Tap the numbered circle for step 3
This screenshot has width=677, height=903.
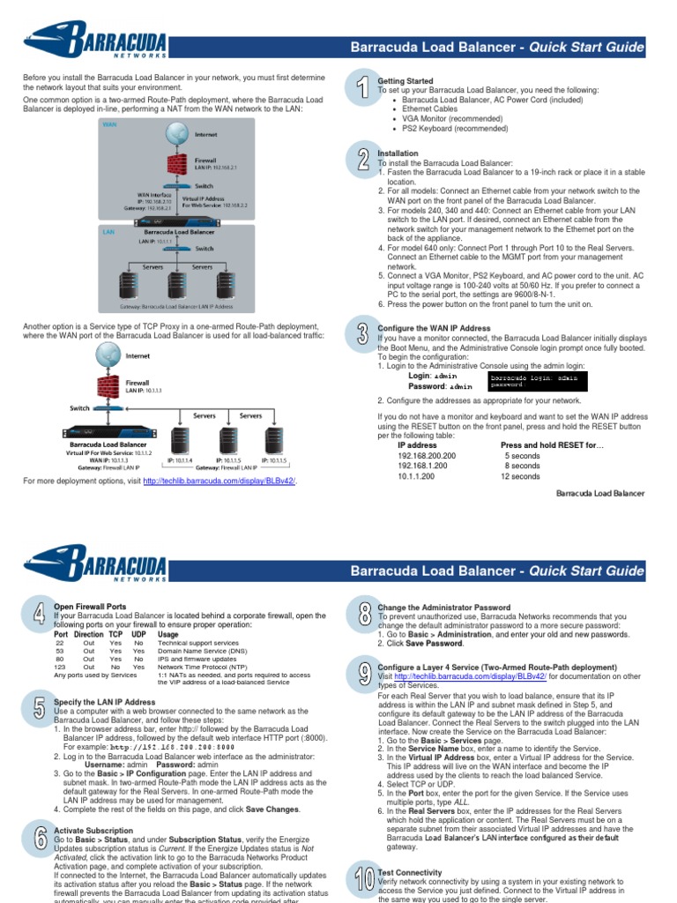coord(362,334)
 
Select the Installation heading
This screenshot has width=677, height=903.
coord(398,153)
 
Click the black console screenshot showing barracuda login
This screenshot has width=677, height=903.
coord(535,381)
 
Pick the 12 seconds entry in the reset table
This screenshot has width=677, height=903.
coord(520,476)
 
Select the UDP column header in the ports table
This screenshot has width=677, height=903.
coord(138,634)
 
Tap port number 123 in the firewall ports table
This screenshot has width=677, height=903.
coord(60,668)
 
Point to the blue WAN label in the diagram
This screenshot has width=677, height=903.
coord(110,124)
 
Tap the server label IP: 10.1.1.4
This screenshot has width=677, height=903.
coord(181,460)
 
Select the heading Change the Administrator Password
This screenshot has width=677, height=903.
coord(444,608)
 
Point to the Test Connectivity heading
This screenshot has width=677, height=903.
coord(410,872)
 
